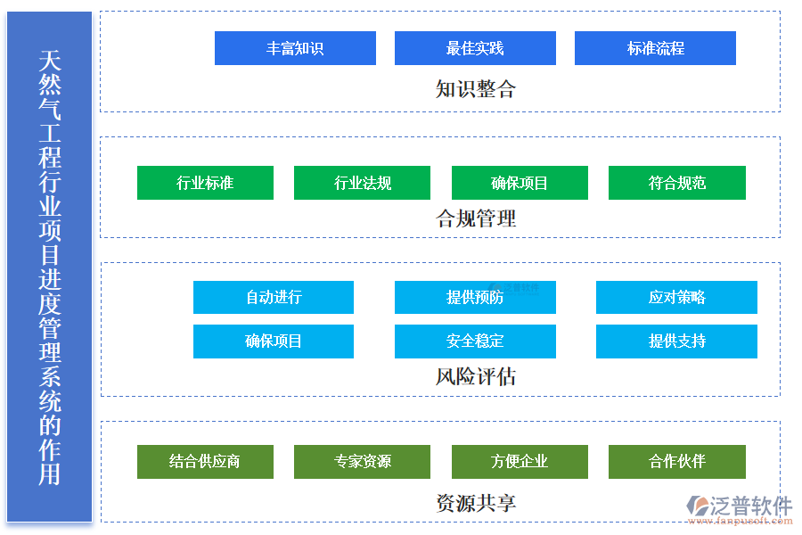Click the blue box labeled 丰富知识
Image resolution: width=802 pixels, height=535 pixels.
[295, 48]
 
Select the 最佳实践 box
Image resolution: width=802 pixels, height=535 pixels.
[475, 48]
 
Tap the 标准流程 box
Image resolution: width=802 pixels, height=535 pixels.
[655, 48]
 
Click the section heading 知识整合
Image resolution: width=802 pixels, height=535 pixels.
[475, 89]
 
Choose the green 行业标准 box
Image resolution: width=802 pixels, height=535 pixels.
[205, 183]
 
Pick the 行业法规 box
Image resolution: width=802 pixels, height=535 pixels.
[362, 183]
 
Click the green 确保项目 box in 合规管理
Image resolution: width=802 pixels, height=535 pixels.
[520, 183]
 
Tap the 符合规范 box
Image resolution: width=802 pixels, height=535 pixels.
[676, 183]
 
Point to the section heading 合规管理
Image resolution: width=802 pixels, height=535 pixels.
[475, 218]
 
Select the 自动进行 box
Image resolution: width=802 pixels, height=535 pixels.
[274, 297]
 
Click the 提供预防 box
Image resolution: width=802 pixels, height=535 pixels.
[475, 297]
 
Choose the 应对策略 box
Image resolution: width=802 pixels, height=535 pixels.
[676, 297]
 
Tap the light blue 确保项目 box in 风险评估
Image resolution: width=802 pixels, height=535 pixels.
[274, 341]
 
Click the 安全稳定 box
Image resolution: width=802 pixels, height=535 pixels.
[475, 341]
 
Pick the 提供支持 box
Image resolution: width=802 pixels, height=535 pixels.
[676, 341]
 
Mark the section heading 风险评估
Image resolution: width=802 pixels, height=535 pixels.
[475, 376]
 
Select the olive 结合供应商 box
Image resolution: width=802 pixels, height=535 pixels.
[205, 461]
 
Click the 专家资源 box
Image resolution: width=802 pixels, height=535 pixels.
[362, 461]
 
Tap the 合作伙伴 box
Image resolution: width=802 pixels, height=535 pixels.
[676, 461]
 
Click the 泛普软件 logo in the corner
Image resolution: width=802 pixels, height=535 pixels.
[740, 506]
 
